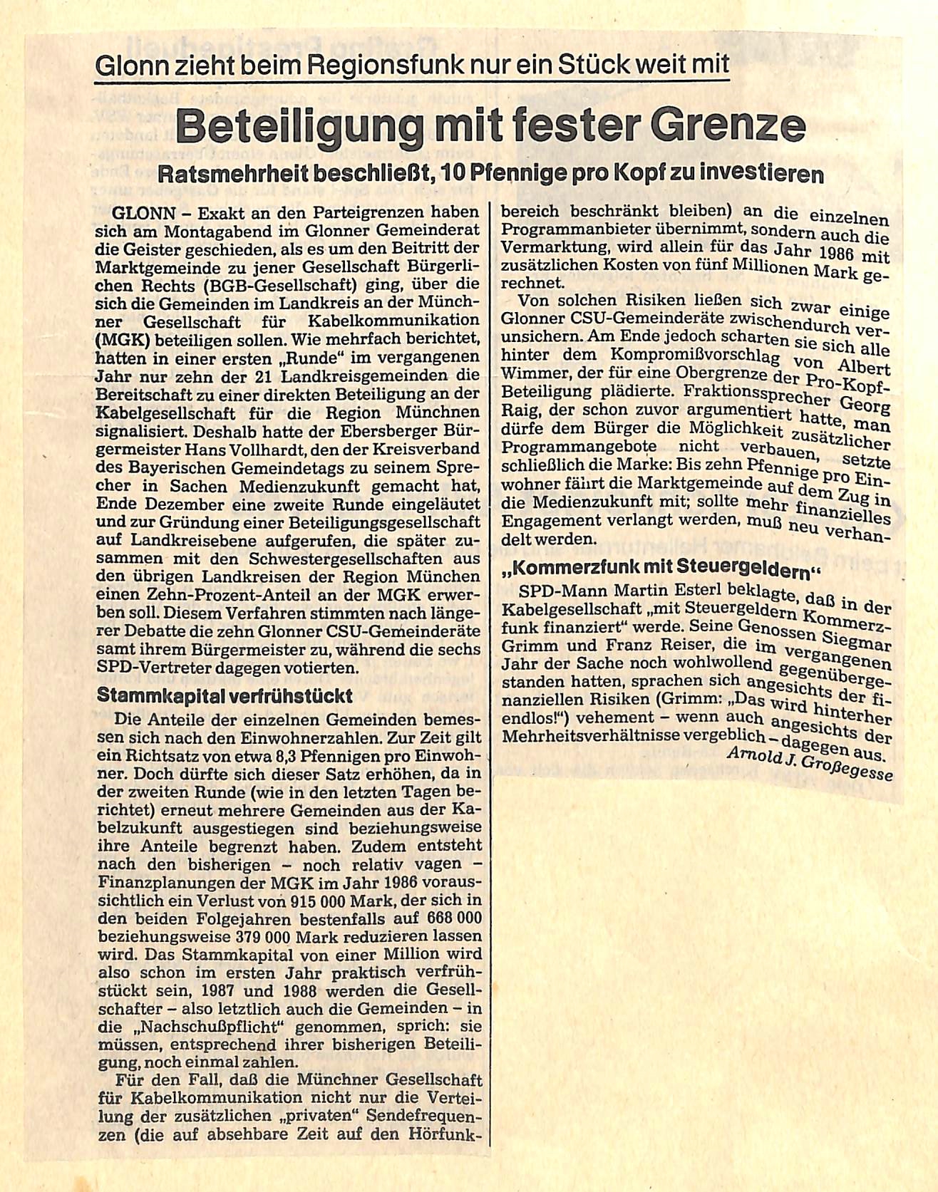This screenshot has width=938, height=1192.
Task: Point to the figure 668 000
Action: tap(455, 917)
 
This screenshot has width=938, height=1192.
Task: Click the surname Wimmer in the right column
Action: tap(532, 373)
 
